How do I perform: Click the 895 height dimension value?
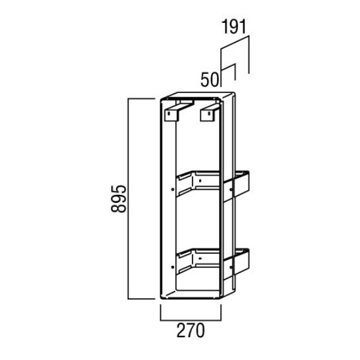coord(118,199)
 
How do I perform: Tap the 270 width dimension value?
coord(190,331)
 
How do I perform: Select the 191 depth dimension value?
coord(234,27)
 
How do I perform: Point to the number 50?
coord(209,80)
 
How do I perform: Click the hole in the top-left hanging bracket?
coord(169,113)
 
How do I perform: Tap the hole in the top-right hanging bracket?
coord(209,113)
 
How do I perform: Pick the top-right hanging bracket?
coord(209,112)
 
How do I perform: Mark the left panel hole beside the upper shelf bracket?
coord(172,190)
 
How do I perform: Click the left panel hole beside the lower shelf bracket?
coord(172,267)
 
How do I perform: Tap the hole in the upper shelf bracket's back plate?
coord(200,181)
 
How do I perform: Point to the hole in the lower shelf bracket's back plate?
coord(200,259)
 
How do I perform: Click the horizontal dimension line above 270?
coord(191,319)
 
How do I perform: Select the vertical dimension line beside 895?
coord(128,199)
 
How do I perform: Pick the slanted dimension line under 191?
coord(235,43)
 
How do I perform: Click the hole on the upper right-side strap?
coord(231,190)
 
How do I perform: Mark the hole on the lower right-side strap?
coord(231,267)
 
